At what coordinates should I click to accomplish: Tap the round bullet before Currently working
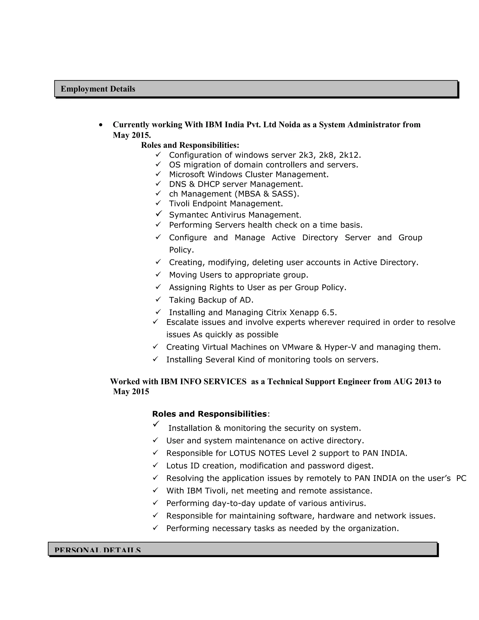(x=101, y=125)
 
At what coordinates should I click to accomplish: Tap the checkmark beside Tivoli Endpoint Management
(x=158, y=203)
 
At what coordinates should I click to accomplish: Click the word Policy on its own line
(x=181, y=250)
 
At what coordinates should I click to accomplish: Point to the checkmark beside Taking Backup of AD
(x=158, y=299)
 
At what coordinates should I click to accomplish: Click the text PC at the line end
(x=461, y=478)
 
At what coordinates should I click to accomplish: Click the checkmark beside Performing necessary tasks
(x=155, y=528)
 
